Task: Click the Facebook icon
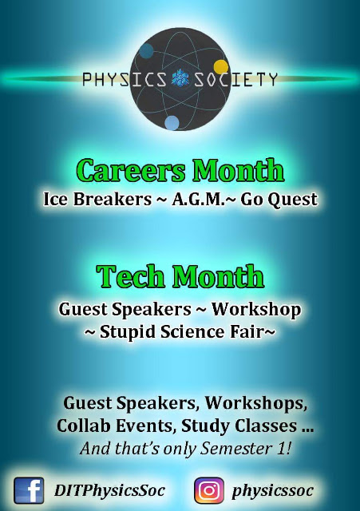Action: coord(29,490)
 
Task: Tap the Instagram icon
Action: coord(209,490)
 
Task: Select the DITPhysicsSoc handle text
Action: coord(110,490)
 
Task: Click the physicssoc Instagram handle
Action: coord(272,491)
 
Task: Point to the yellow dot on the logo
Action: coord(220,67)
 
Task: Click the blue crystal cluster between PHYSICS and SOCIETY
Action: coord(180,79)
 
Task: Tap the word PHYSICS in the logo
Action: coord(125,79)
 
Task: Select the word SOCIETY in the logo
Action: coord(235,79)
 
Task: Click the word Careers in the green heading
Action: coord(131,170)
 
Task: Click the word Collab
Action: coord(84,426)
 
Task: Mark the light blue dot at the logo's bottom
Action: coord(172,123)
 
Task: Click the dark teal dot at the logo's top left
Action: coord(146,50)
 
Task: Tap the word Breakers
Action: coord(112,199)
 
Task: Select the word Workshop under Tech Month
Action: coord(256,310)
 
